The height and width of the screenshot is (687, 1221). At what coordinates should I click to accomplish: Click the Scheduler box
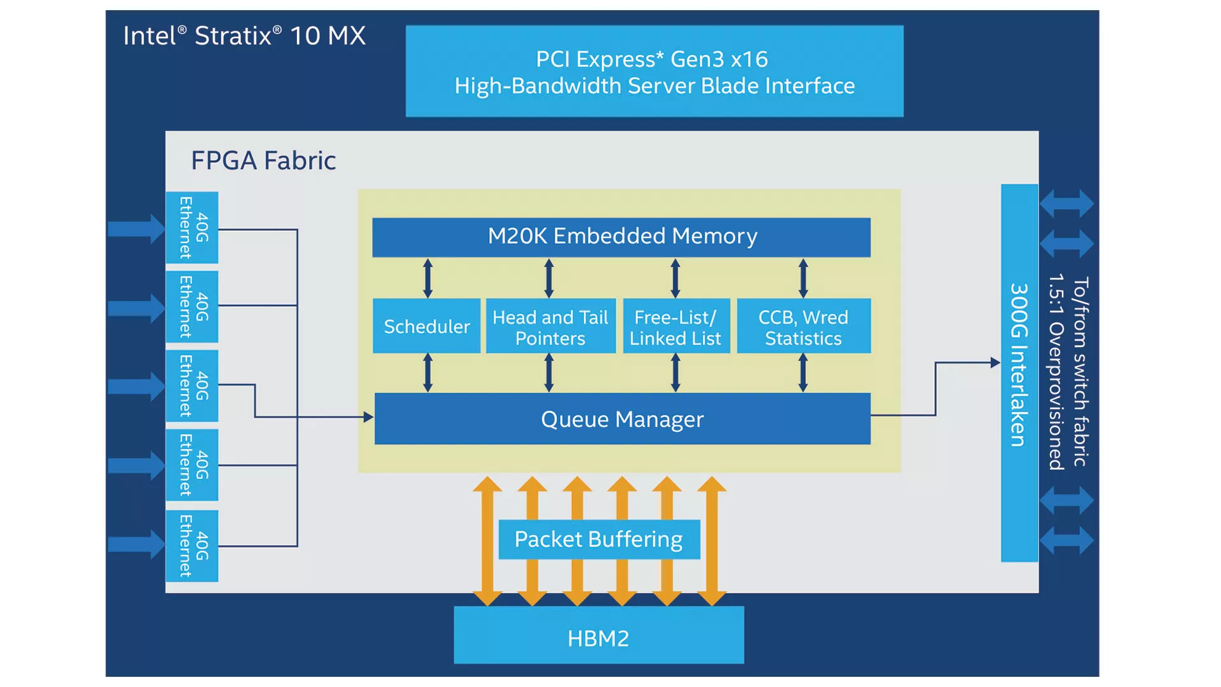tap(427, 326)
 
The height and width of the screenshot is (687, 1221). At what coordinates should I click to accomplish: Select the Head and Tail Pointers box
tap(551, 326)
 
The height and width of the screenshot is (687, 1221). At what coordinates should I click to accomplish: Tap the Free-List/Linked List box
tap(676, 326)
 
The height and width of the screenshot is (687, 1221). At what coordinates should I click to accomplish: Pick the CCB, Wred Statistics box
tap(804, 326)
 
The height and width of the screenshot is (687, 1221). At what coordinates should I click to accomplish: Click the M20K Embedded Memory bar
tap(621, 237)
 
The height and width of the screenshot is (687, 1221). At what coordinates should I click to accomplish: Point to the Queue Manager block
tap(623, 419)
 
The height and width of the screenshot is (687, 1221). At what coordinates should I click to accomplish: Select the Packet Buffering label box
tap(599, 539)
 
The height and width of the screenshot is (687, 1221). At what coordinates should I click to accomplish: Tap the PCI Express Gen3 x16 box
tap(654, 71)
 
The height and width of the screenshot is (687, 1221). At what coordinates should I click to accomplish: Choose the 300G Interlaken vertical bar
tap(1019, 373)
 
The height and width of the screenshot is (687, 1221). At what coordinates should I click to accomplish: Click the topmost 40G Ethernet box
tap(192, 228)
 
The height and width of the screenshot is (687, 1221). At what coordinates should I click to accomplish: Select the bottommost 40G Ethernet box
tap(192, 546)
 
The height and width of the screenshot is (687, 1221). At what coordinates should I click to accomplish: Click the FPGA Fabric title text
tap(263, 160)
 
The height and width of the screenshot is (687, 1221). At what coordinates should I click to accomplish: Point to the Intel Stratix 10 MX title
tap(244, 36)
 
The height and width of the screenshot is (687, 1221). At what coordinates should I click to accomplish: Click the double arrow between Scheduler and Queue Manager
tap(428, 373)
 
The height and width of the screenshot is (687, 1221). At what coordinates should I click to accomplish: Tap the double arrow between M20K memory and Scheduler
tap(428, 278)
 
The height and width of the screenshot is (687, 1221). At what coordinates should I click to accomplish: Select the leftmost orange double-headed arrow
tap(488, 541)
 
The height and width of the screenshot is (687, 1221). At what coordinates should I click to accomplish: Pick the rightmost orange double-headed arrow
tap(712, 541)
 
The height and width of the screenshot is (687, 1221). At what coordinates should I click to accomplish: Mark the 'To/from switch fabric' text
tap(1080, 371)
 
